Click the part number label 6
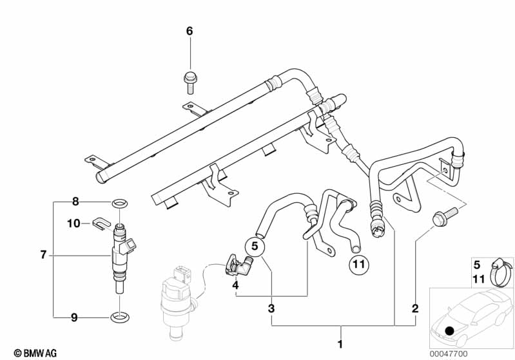189,31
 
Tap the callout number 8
75,202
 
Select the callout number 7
43,255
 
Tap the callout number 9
75,317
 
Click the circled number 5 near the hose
255,246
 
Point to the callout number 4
235,285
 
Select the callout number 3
271,309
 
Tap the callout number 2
415,308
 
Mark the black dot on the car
449,330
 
